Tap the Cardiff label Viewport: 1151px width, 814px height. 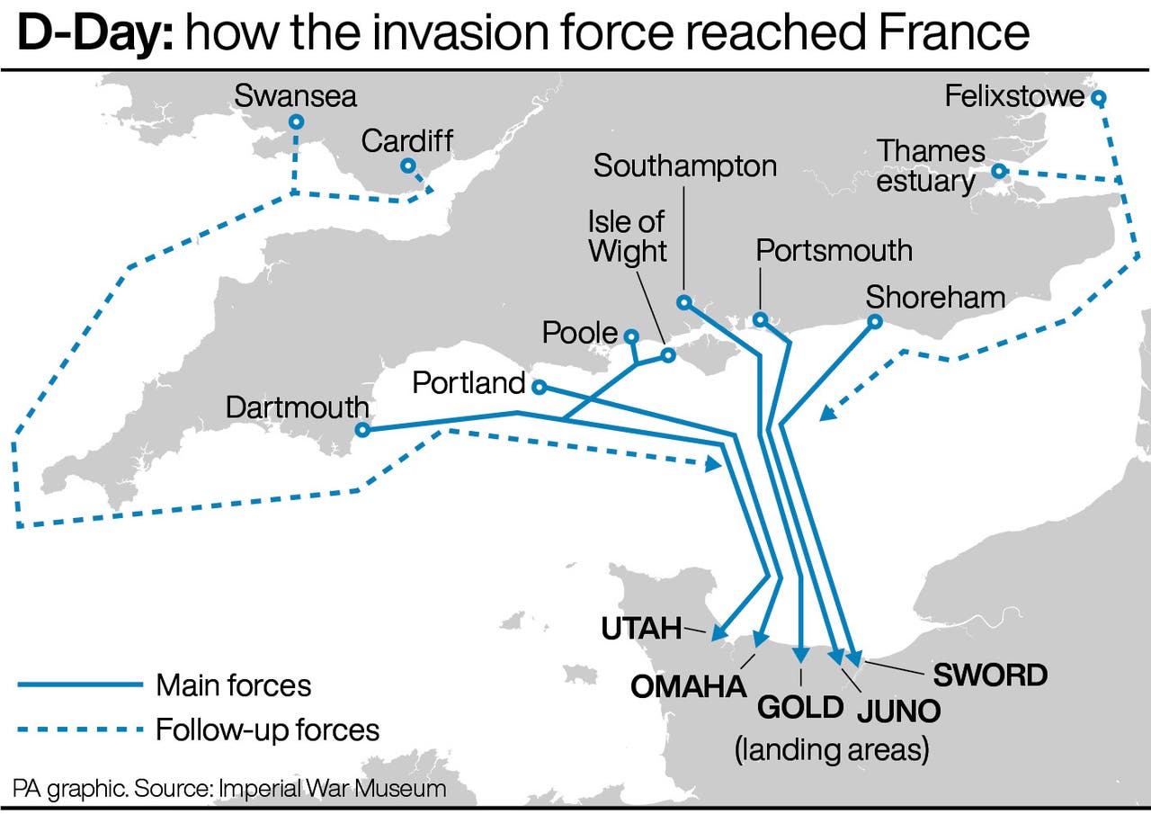(407, 141)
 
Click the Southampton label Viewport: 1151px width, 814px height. (685, 165)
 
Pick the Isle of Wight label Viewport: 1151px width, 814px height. (628, 236)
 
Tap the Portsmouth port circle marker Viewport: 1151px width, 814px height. (760, 318)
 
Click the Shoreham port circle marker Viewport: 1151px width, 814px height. (874, 321)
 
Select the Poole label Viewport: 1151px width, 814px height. (580, 334)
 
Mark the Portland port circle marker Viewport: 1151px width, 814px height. (539, 387)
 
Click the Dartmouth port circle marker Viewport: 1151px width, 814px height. (362, 430)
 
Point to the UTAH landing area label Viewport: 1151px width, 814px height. (641, 628)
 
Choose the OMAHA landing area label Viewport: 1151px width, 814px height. (689, 686)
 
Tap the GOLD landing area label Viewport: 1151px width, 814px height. (800, 707)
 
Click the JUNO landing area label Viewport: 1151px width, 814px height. (898, 711)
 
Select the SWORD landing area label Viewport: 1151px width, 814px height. (990, 675)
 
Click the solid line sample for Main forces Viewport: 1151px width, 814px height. (80, 685)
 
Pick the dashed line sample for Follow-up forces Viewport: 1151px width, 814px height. (80, 729)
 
